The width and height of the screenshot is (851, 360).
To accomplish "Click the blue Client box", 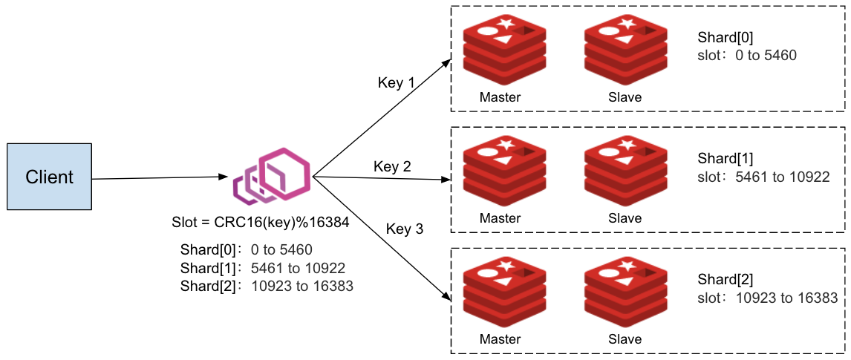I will tap(50, 177).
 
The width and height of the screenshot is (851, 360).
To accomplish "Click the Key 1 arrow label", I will tap(397, 83).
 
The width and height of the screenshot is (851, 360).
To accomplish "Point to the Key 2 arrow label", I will tap(392, 167).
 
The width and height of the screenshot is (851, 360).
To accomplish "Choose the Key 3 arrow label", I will tap(405, 229).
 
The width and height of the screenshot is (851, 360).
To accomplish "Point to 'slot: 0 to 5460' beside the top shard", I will tap(747, 55).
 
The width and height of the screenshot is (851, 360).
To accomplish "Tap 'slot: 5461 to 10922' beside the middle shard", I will tap(763, 177).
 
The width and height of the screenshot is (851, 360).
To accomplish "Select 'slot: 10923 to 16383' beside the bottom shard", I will tap(768, 298).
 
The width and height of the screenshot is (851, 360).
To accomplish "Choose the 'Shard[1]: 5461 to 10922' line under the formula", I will tap(263, 268).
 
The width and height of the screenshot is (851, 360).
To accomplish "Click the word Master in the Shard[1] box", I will tap(500, 218).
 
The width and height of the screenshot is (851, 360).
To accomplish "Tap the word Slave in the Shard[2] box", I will tap(625, 339).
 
